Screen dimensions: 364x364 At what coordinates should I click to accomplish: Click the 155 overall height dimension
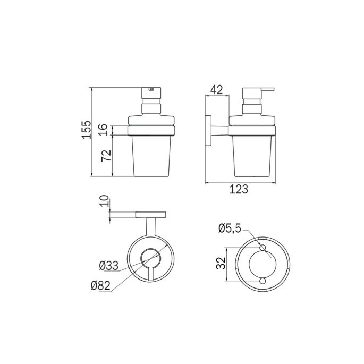[87, 130]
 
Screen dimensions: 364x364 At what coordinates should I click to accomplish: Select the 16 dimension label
[104, 130]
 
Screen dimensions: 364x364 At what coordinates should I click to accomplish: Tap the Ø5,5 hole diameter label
[230, 228]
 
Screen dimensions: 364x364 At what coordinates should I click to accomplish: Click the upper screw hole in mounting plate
[262, 248]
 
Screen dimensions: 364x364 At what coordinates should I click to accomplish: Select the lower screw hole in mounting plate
[262, 280]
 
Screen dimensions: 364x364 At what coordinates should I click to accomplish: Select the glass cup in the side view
[252, 157]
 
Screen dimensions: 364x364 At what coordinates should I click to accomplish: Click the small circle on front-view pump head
[151, 90]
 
